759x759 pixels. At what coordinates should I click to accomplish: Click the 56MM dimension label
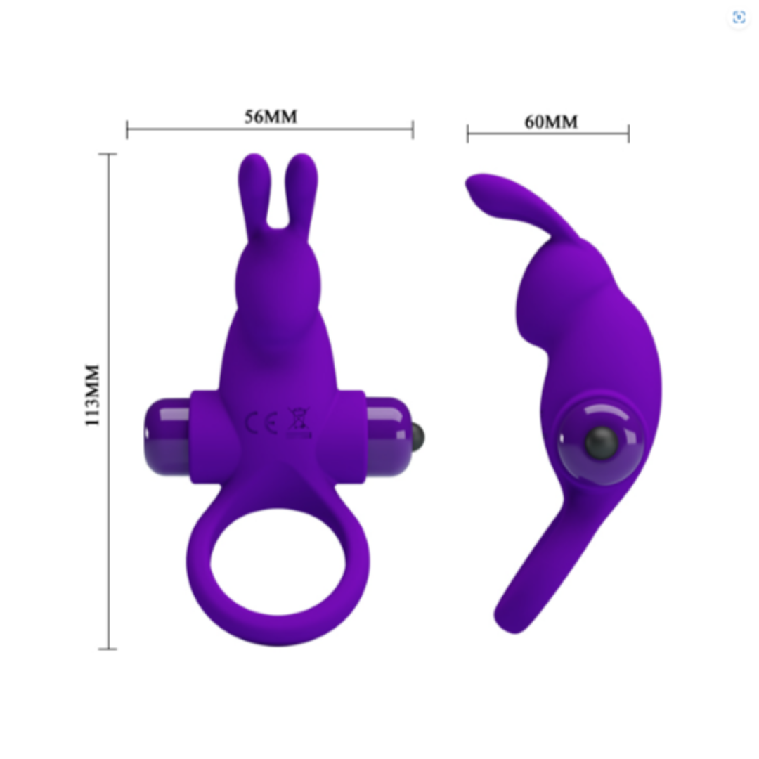coord(271,117)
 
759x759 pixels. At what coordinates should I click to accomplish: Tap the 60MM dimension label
coord(551,122)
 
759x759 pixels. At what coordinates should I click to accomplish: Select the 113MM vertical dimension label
coord(92,395)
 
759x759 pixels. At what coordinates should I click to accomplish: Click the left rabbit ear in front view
coord(254,194)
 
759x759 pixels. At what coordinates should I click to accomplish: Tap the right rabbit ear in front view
coord(301,194)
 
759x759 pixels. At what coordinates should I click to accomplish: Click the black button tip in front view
coord(417,436)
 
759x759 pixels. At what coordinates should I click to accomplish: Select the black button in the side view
coord(602,442)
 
